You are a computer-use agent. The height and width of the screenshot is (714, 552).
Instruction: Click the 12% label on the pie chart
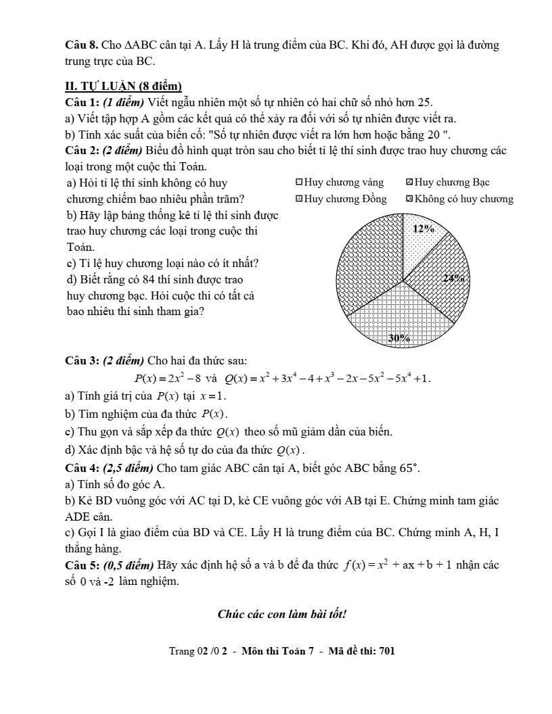pos(423,229)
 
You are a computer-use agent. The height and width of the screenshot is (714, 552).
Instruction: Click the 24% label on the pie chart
pos(453,278)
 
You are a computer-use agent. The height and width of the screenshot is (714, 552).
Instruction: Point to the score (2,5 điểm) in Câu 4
pos(129,467)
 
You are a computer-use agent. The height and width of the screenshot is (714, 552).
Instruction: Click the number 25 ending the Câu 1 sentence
pos(424,102)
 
